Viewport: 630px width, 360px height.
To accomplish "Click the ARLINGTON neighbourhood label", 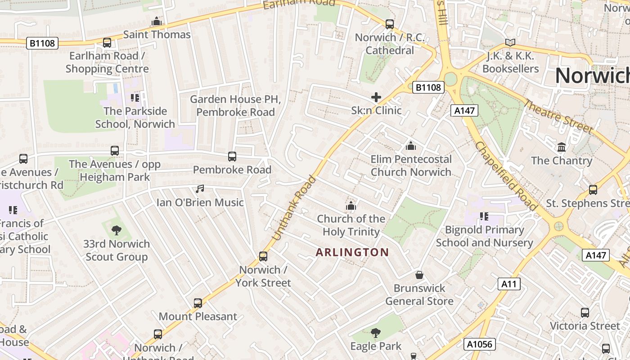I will [x=352, y=252].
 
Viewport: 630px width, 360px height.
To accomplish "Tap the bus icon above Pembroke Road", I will [x=232, y=157].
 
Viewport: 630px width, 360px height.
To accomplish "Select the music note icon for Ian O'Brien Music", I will [x=200, y=189].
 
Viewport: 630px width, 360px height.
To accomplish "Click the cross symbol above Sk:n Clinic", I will [x=376, y=97].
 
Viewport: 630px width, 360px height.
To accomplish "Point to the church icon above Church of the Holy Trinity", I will [x=351, y=206].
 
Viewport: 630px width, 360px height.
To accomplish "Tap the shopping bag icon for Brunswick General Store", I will [x=419, y=274].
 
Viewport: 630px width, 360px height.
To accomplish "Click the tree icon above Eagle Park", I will [x=375, y=333].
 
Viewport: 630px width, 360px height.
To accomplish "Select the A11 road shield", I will [x=509, y=284].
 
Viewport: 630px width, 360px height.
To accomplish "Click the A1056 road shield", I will [x=480, y=344].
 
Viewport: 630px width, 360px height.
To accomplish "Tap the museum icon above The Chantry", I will [x=561, y=147].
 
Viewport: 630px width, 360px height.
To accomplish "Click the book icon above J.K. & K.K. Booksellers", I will [x=510, y=43].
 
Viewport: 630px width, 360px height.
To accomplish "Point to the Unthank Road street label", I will [x=295, y=207].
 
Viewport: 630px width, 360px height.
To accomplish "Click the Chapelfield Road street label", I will [x=505, y=175].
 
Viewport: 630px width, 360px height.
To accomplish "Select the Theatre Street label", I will [x=558, y=116].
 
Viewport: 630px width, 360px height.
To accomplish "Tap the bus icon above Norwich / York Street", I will [x=263, y=256].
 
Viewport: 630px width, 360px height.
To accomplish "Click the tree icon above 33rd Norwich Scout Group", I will [x=117, y=230].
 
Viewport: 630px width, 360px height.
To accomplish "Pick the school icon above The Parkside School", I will [x=135, y=98].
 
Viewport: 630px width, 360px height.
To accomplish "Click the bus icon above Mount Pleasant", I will [x=198, y=303].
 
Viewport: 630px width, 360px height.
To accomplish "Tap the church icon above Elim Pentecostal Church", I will [x=410, y=146].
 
